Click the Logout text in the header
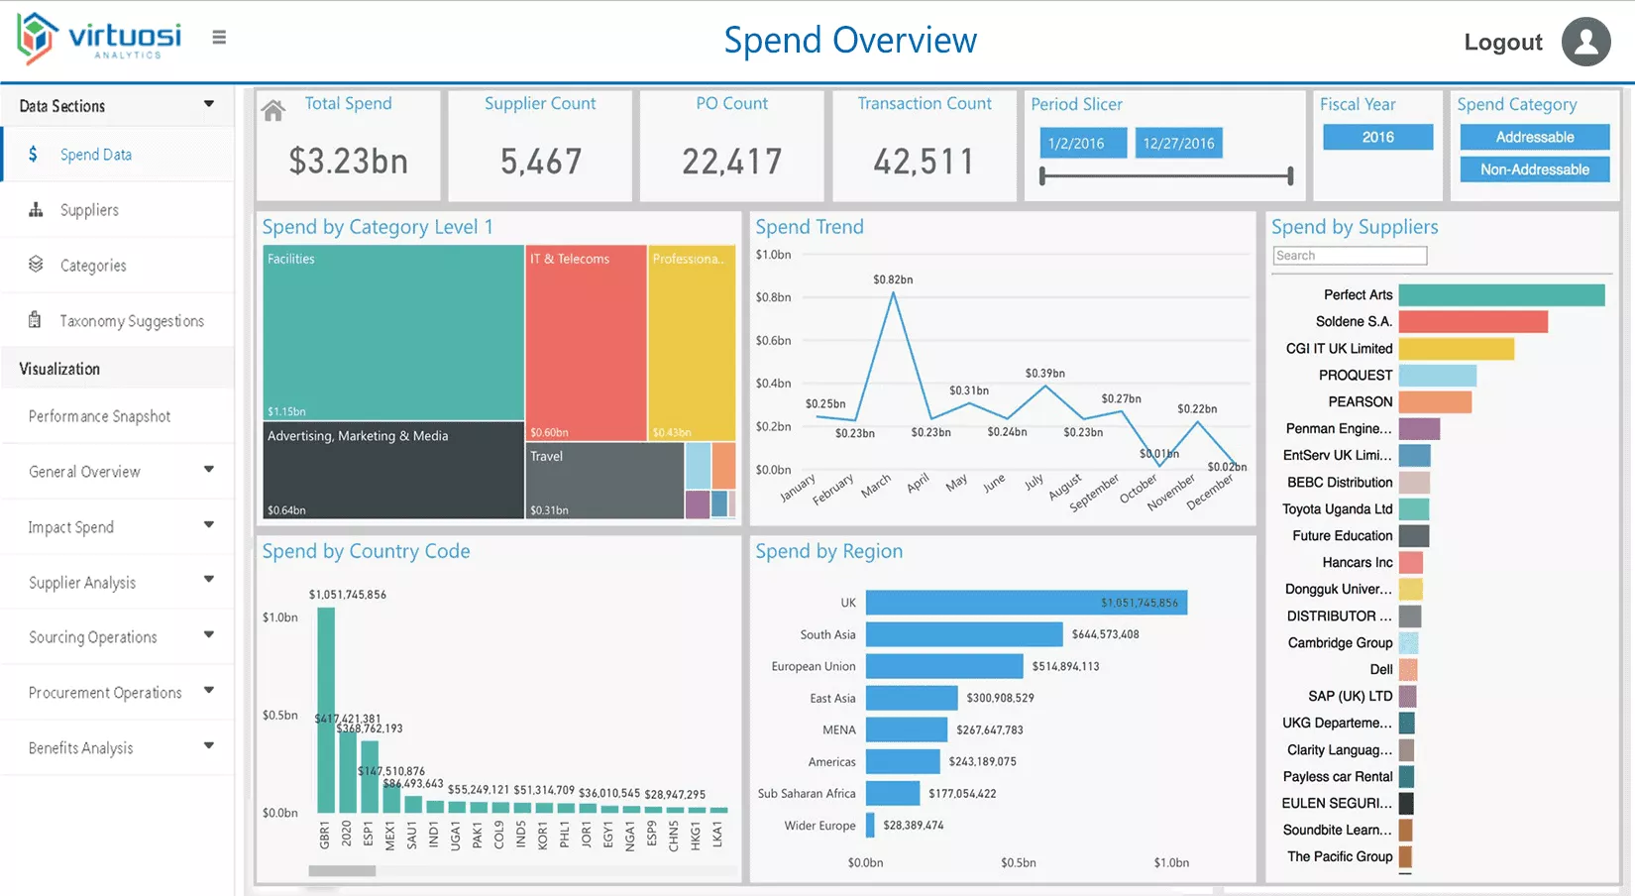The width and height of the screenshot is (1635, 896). click(x=1502, y=42)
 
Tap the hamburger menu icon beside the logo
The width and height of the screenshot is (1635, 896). click(x=219, y=38)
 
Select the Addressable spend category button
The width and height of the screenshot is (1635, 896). click(x=1534, y=137)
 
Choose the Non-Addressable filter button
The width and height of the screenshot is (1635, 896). click(x=1534, y=169)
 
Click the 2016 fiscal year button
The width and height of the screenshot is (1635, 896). click(x=1377, y=137)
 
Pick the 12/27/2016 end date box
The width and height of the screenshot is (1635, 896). click(x=1178, y=143)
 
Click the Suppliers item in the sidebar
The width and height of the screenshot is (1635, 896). click(x=89, y=210)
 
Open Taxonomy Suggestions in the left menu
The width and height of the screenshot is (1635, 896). click(x=131, y=321)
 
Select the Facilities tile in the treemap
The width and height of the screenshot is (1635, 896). click(x=392, y=332)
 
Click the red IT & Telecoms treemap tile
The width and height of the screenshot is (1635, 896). click(x=585, y=342)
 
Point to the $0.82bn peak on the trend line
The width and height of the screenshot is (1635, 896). click(x=894, y=293)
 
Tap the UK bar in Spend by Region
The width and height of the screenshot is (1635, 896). click(x=1025, y=603)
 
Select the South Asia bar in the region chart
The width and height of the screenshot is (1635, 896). click(x=963, y=634)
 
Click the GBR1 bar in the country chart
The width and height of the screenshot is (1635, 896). click(x=325, y=710)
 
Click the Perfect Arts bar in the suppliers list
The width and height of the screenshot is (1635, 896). click(x=1500, y=294)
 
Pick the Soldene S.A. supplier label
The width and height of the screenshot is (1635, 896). click(x=1353, y=321)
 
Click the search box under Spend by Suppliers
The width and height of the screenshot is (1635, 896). click(x=1350, y=256)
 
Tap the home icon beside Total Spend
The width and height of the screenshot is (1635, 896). click(x=273, y=111)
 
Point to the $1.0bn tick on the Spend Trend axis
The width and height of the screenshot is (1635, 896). click(x=773, y=255)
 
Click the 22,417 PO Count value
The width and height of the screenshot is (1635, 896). click(x=731, y=162)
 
